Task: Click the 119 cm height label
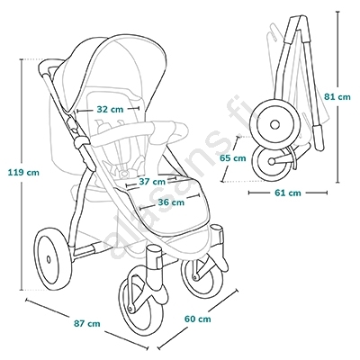(23, 173)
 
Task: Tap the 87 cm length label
(86, 324)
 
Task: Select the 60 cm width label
(197, 319)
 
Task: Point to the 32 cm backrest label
(110, 109)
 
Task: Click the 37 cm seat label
(152, 182)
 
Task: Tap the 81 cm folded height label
(337, 97)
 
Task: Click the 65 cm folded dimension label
(232, 158)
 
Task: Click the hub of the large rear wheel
(49, 258)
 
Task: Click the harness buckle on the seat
(124, 173)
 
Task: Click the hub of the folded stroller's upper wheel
(274, 124)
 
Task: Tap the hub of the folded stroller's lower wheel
(271, 161)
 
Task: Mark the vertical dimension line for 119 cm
(22, 175)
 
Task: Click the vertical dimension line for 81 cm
(337, 98)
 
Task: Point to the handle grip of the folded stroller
(318, 137)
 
